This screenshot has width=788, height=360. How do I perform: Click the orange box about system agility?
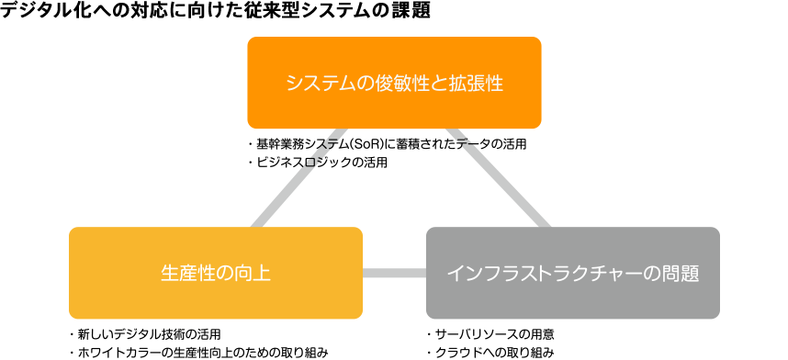click(394, 83)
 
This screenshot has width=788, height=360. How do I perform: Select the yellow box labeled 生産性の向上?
click(216, 273)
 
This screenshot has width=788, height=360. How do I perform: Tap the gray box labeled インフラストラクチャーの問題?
click(572, 273)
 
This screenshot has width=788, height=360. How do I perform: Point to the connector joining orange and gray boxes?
click(501, 179)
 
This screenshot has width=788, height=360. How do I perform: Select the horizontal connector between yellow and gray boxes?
click(394, 273)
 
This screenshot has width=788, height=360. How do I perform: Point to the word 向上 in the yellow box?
click(253, 274)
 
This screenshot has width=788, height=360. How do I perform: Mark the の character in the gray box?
click(653, 274)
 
